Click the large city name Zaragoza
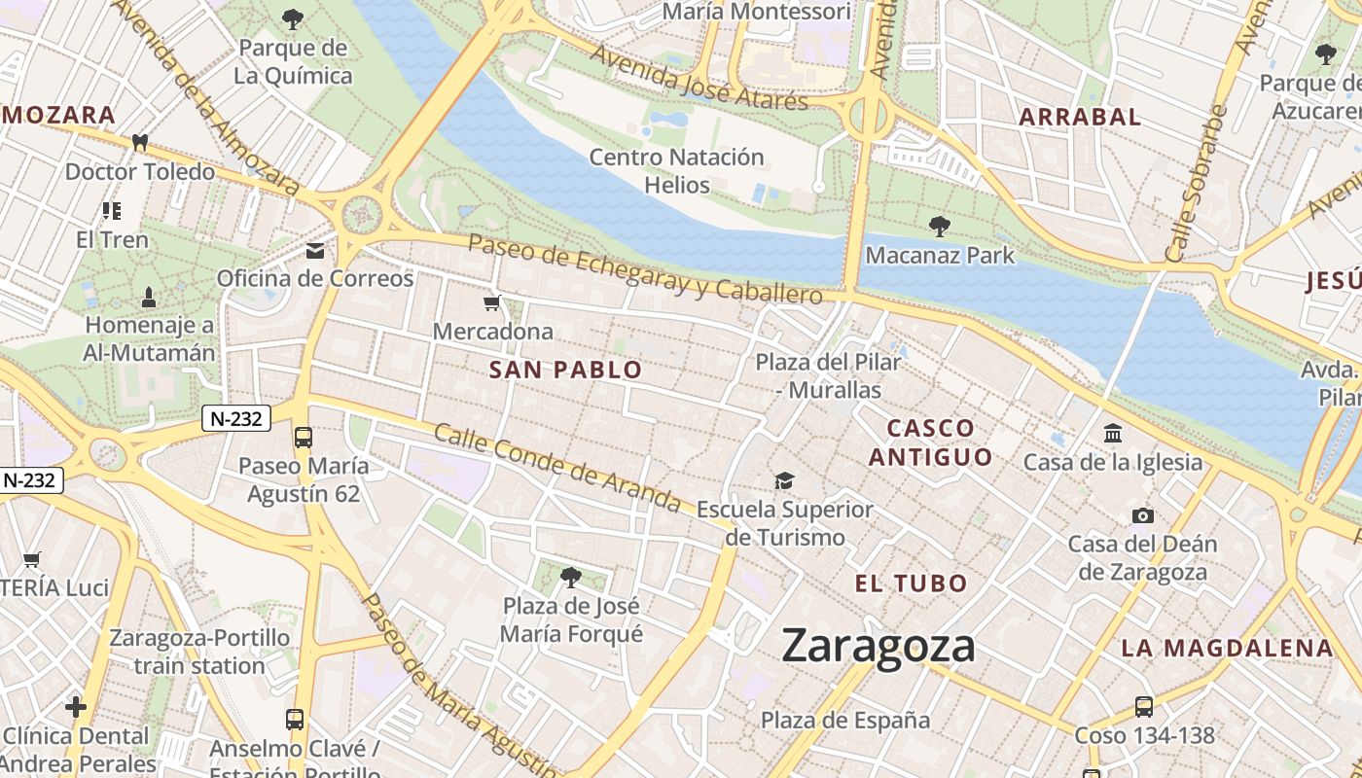click(x=878, y=647)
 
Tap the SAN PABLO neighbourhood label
click(x=565, y=370)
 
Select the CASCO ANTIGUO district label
click(x=930, y=442)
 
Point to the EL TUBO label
click(x=911, y=583)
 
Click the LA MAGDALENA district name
click(x=1226, y=648)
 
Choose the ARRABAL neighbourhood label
click(x=1079, y=117)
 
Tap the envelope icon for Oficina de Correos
click(x=315, y=251)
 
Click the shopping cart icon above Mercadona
click(x=492, y=303)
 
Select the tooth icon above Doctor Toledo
click(x=139, y=143)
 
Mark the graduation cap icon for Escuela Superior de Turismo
click(x=784, y=480)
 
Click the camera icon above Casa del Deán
click(x=1142, y=515)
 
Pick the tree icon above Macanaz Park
click(x=939, y=227)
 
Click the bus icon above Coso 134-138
click(x=1144, y=707)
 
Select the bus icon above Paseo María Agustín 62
click(x=304, y=438)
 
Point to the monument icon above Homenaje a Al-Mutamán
click(x=149, y=296)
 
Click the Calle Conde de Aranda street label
click(x=556, y=468)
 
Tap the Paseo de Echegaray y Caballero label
click(x=645, y=267)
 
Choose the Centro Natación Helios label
click(x=676, y=170)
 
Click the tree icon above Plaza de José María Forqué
click(x=571, y=578)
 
